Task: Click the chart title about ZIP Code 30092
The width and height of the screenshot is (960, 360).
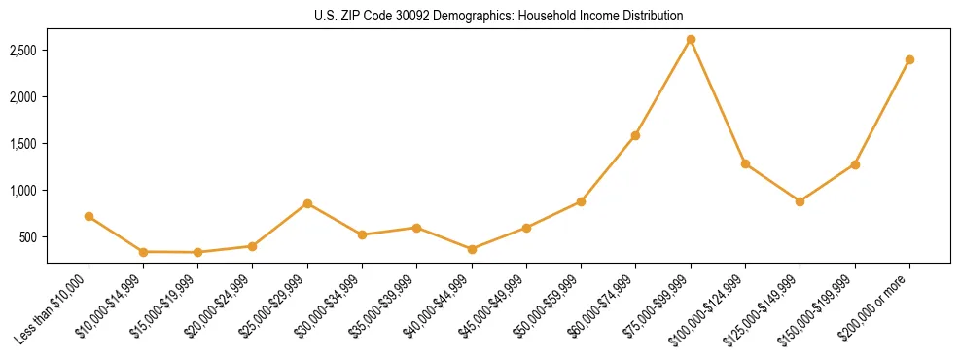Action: (x=499, y=16)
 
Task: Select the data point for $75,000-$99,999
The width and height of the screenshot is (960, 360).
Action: (x=691, y=40)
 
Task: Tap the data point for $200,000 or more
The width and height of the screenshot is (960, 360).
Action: (x=909, y=59)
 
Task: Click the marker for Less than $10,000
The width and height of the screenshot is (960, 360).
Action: (x=89, y=216)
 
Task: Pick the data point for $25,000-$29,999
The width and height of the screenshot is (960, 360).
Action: (x=307, y=203)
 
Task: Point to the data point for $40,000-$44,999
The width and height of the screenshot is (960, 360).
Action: (x=472, y=249)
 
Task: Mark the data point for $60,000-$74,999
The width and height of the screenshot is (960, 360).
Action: (x=635, y=135)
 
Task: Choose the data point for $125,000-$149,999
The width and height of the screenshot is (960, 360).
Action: (x=800, y=201)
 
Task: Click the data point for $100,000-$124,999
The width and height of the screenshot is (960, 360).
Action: (x=745, y=163)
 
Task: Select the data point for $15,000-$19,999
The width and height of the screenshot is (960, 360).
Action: (x=197, y=252)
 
